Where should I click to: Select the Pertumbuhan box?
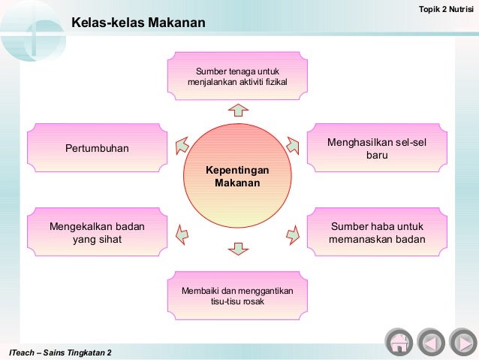(x=97, y=148)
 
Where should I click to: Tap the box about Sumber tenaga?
(x=237, y=76)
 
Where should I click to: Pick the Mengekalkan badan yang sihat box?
(x=97, y=233)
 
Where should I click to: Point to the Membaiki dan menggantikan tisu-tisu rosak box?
(x=237, y=296)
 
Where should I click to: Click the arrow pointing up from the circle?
(x=237, y=110)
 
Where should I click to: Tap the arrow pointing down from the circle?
(x=237, y=247)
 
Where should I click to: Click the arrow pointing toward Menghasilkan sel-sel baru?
(x=294, y=142)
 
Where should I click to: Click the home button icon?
(x=399, y=343)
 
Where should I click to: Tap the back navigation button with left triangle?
(x=430, y=343)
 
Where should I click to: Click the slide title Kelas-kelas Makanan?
(x=138, y=24)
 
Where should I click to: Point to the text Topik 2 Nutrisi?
(x=446, y=8)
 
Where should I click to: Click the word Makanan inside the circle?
(x=237, y=183)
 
